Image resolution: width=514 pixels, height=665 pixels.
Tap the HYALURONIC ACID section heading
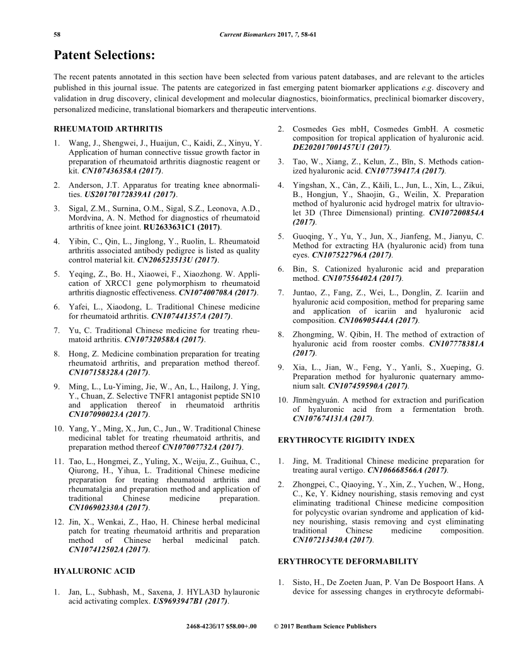pyautogui.click(x=86, y=571)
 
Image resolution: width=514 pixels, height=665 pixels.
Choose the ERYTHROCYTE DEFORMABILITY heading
pyautogui.click(x=339, y=560)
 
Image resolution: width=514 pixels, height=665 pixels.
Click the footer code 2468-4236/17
pyautogui.click(x=207, y=627)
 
